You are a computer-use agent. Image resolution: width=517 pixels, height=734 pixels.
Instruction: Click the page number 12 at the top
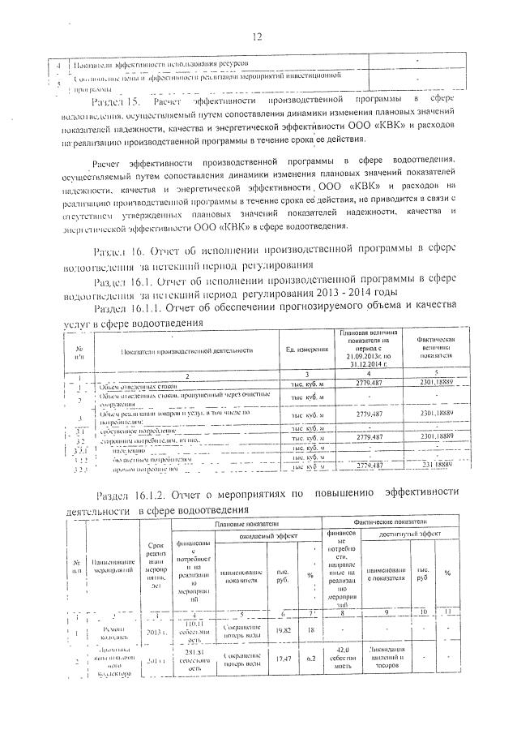pyautogui.click(x=258, y=36)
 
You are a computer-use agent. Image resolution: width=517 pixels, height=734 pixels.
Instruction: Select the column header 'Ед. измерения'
pyautogui.click(x=308, y=349)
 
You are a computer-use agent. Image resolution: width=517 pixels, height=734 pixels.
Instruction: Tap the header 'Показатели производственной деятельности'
pyautogui.click(x=188, y=350)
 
